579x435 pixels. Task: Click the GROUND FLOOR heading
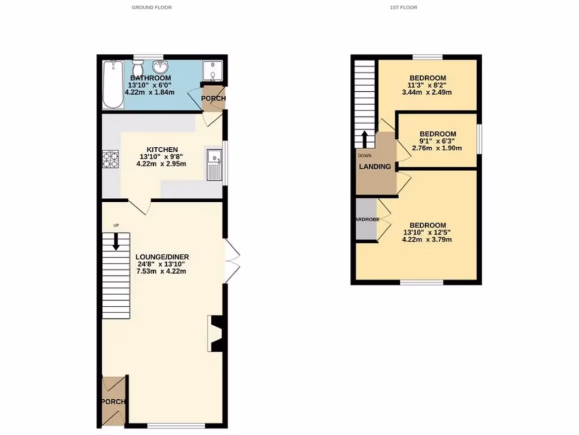tap(152, 7)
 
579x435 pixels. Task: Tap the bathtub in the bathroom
tap(113, 85)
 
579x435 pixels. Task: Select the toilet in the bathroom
tap(136, 67)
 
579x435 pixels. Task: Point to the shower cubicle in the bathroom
tap(213, 71)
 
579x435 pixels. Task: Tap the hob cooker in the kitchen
tap(110, 159)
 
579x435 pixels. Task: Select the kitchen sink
tap(214, 165)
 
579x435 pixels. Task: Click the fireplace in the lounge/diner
tap(216, 334)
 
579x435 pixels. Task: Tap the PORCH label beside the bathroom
tap(214, 99)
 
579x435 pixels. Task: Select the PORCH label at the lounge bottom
tap(113, 402)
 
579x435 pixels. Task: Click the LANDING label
tap(375, 167)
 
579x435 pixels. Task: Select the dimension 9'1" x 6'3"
tap(437, 141)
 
